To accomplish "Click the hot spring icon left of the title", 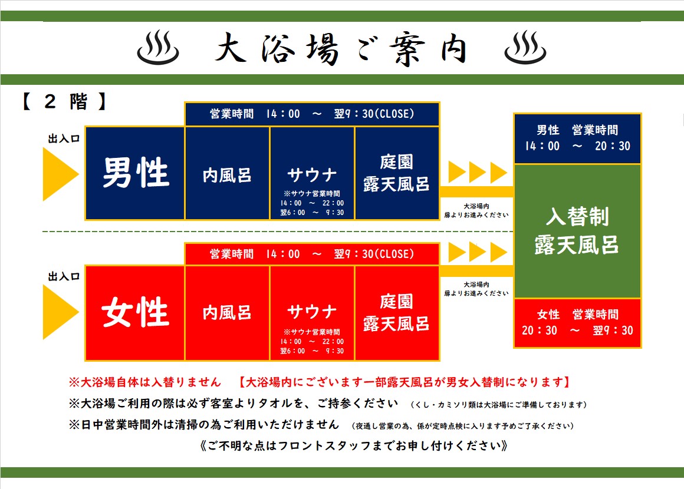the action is coord(158,48).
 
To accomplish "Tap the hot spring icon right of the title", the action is coord(525,48).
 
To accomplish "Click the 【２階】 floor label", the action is coord(64,101).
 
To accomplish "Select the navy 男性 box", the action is coord(135,173).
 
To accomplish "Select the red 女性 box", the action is coord(135,313).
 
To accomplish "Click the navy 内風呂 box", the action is coord(227,173).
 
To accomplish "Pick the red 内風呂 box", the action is coord(227,313).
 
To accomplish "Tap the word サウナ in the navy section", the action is coord(313,175).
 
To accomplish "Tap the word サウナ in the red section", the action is coord(313,312).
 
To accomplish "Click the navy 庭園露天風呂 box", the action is coord(397,173).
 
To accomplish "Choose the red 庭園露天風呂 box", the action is coord(397,313).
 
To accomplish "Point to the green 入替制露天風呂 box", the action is coord(577,231).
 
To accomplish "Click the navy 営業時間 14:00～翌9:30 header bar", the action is coord(312,114).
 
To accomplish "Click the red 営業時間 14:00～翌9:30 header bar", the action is coord(312,254).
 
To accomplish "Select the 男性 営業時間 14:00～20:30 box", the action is coord(577,138).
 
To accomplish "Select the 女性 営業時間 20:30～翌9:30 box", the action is coord(577,323).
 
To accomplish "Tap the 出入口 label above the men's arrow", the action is coord(64,138).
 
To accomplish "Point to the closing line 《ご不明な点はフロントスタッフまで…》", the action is coord(354,446).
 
